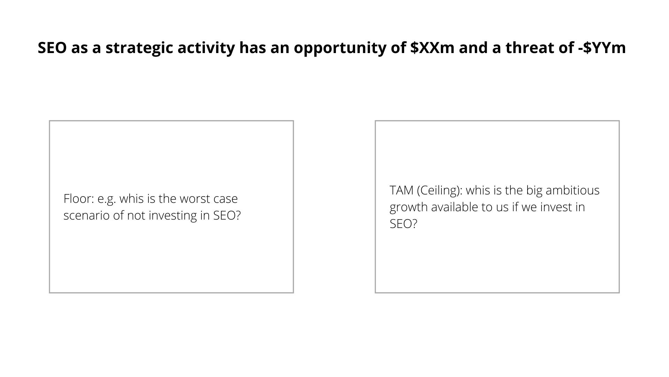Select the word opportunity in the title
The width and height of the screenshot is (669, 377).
click(340, 48)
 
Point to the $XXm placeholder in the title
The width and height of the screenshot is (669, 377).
click(432, 48)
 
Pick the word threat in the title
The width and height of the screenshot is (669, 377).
click(529, 48)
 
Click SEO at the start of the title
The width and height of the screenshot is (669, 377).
click(52, 48)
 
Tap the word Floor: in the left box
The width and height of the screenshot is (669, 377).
click(79, 199)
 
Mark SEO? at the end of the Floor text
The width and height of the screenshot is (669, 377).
click(227, 215)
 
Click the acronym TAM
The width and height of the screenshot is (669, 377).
click(401, 190)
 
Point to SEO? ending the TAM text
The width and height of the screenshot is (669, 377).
click(403, 224)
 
